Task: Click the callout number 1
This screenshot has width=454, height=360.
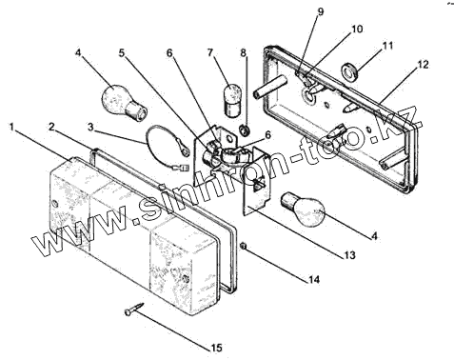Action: point(11,128)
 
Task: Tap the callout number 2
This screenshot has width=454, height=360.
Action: point(53,127)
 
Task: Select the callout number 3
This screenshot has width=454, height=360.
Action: point(90,128)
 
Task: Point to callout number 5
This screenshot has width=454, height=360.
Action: point(122,53)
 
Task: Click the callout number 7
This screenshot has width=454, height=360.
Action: point(209,52)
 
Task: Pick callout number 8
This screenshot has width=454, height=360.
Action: point(244,53)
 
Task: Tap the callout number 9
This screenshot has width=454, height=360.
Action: point(321,11)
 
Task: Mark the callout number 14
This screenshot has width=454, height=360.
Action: point(312,279)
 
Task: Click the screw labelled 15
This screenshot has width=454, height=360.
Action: point(134,309)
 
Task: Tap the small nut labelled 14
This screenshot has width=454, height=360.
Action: point(244,246)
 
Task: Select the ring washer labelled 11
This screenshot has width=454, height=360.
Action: point(349,71)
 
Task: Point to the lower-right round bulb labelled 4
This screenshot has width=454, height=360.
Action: point(303,209)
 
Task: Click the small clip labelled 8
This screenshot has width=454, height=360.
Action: point(245,130)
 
